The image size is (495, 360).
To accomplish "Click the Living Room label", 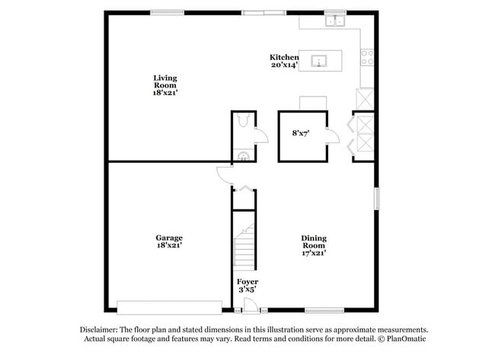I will [x=164, y=84].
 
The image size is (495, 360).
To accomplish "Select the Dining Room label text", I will [x=313, y=245].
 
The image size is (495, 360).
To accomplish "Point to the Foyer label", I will [x=247, y=285].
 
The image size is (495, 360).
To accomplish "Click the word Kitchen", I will [x=284, y=58].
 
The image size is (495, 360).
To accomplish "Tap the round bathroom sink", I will [x=243, y=156].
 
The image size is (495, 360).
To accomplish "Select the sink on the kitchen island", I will [x=319, y=61].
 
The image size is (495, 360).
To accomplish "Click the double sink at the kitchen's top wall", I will [x=334, y=21].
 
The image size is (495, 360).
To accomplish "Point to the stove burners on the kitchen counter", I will [x=368, y=55].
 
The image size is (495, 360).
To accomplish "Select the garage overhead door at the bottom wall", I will [x=169, y=307].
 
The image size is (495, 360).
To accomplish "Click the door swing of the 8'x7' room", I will [x=333, y=136].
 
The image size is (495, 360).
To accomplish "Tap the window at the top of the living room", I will [x=167, y=11].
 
